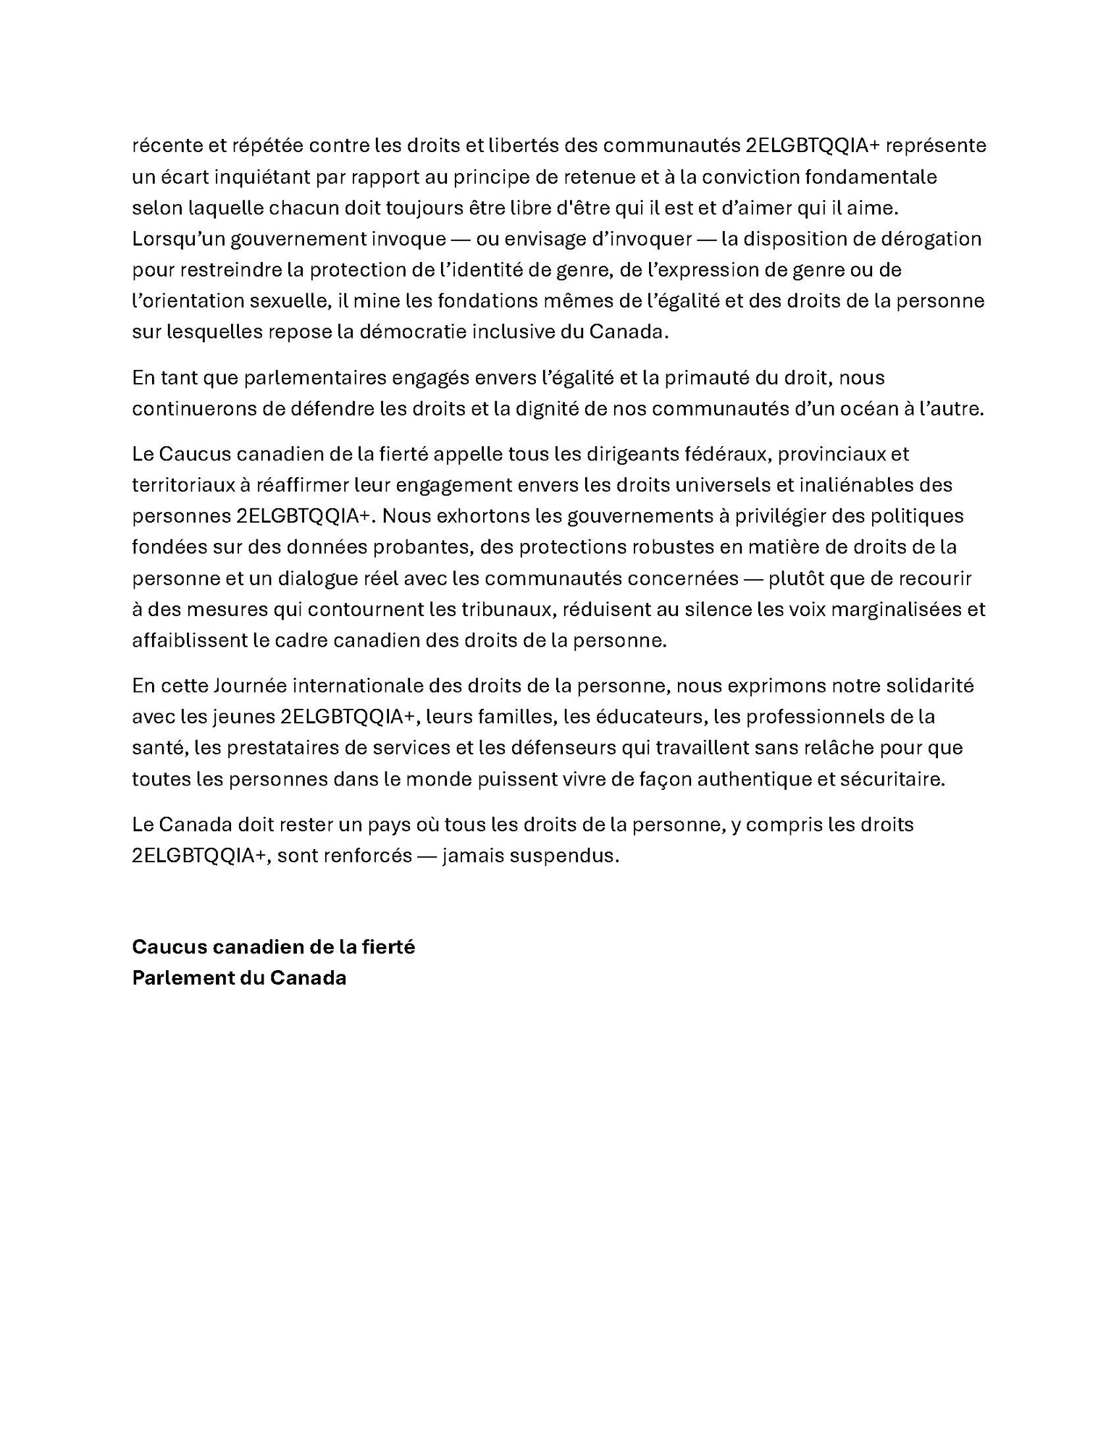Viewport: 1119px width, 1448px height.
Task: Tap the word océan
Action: [x=877, y=408]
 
